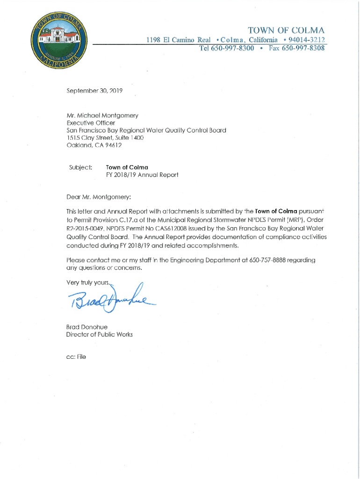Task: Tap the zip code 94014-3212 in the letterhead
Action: pos(307,40)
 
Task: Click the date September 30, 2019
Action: pos(94,91)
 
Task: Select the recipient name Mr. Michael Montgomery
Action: pos(102,115)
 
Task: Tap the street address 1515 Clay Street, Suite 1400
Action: pos(105,138)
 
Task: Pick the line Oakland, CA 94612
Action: pos(94,145)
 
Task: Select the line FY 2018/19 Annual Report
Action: pos(142,175)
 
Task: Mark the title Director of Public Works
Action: pos(99,334)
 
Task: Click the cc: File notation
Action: pos(76,356)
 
